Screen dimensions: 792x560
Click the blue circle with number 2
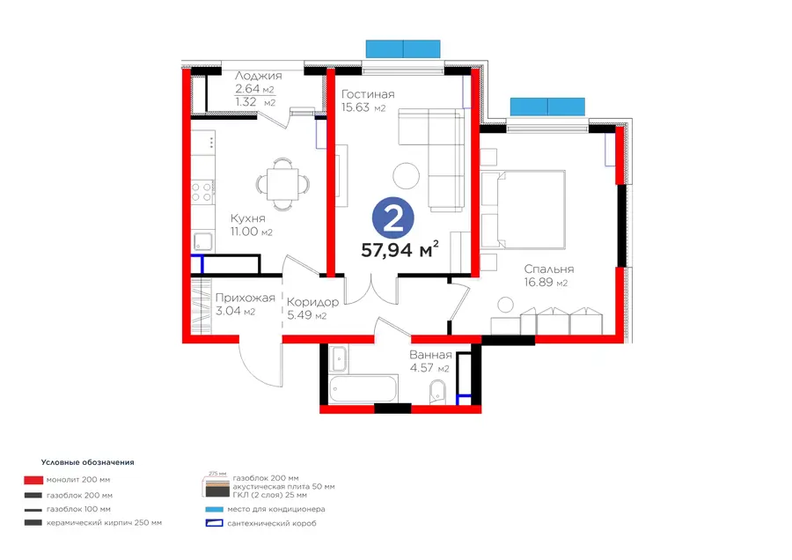[x=393, y=218]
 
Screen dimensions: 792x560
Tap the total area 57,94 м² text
[x=400, y=250]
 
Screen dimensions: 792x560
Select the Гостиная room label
[x=368, y=94]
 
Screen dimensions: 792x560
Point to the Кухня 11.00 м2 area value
[x=252, y=232]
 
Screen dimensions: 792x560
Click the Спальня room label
[x=549, y=269]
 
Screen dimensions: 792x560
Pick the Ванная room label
[x=430, y=355]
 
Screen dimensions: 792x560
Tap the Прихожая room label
[x=245, y=298]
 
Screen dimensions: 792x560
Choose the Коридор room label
[x=312, y=302]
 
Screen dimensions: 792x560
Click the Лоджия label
[x=258, y=76]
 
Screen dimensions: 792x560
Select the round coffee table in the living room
[x=406, y=176]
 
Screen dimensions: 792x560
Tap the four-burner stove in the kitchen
[x=202, y=192]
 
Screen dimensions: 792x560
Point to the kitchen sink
[x=203, y=241]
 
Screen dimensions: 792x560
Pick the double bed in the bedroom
[x=524, y=210]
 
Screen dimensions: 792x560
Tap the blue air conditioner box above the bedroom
[x=547, y=107]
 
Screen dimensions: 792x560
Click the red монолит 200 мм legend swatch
[x=33, y=480]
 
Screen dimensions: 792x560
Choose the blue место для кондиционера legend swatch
[x=214, y=509]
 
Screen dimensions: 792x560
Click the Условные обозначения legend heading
[x=87, y=462]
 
